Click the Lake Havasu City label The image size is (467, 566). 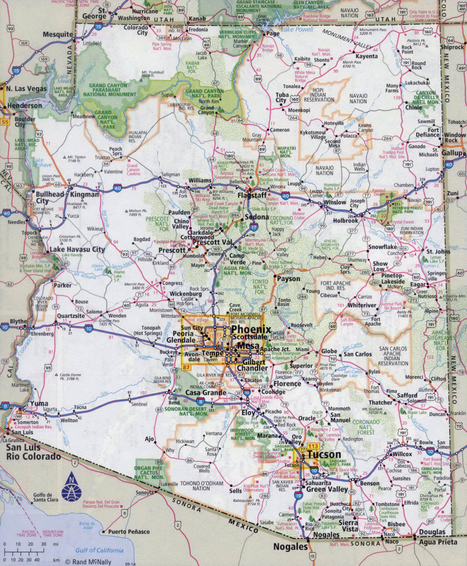click(77, 249)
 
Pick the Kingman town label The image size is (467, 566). click(85, 195)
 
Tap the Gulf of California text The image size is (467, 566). click(99, 550)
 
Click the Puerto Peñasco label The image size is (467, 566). click(128, 532)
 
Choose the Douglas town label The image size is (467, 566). click(431, 532)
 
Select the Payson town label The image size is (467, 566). click(288, 279)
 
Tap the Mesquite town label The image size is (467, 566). click(58, 34)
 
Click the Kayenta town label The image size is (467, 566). click(366, 56)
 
